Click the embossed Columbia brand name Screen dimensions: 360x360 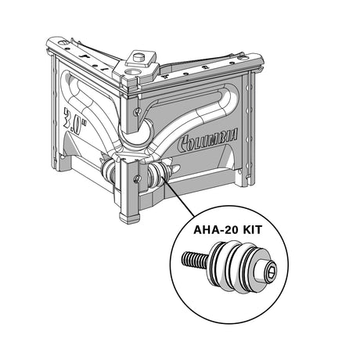coord(207,139)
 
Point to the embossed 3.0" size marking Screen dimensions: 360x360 coord(75,121)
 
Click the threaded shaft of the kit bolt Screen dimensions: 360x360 coord(195,259)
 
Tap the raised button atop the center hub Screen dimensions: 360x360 coord(139,56)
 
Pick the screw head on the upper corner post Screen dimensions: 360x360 coord(137,112)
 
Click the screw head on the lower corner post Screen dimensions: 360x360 coord(137,178)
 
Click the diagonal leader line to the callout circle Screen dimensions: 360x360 coord(178,197)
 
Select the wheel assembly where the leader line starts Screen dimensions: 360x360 coord(158,175)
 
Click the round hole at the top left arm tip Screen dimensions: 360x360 coord(62,42)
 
